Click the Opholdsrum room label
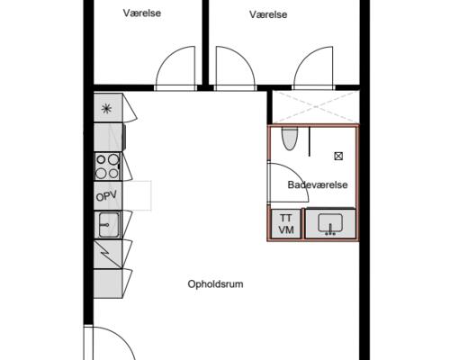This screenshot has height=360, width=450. coord(215,284)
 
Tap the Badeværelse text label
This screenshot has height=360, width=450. coord(318,184)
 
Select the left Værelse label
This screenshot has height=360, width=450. coord(142,13)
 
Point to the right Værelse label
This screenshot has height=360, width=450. coord(268,14)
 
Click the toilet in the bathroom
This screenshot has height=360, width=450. coord(290,139)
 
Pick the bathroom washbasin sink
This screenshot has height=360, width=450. coord(330,224)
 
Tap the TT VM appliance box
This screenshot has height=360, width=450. coord(286,224)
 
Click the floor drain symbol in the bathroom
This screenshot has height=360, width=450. coord(338,156)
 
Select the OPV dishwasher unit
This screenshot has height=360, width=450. coord(108,196)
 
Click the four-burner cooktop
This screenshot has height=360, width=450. coord(108,166)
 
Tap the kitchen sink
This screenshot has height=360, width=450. coord(108,225)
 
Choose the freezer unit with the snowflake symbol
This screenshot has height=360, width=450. coord(108,108)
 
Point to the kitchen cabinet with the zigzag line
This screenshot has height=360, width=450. coord(108,254)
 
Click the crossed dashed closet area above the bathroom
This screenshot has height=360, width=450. coord(316,107)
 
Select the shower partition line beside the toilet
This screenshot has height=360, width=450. coord(310,141)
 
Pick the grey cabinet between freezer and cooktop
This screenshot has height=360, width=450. coord(108,137)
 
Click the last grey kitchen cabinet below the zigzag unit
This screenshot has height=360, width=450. coord(108,283)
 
